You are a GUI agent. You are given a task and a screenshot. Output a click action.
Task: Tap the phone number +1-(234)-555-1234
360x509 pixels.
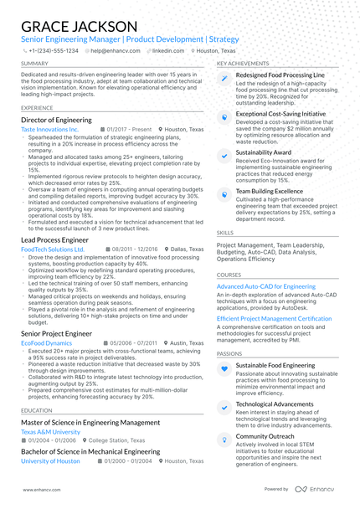(54, 50)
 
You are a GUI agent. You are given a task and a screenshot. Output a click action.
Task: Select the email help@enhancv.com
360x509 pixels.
(115, 50)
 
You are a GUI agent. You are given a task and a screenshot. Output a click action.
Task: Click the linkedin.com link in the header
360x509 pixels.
(167, 50)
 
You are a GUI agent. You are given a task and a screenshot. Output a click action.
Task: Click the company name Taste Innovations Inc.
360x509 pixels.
(49, 130)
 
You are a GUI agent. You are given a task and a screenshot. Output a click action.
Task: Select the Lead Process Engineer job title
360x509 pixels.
(54, 239)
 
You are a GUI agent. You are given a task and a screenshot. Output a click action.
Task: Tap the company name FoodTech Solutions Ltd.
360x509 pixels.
(53, 249)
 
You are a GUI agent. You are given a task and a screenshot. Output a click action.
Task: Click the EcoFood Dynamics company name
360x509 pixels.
(47, 343)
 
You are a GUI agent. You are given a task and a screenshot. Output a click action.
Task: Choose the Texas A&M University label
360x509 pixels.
(52, 432)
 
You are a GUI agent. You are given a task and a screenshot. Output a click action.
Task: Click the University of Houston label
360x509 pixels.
(50, 461)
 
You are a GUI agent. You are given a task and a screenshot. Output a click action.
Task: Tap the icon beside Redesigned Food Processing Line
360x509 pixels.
(224, 79)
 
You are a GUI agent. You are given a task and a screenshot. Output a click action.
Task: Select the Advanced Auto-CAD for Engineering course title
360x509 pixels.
(266, 286)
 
